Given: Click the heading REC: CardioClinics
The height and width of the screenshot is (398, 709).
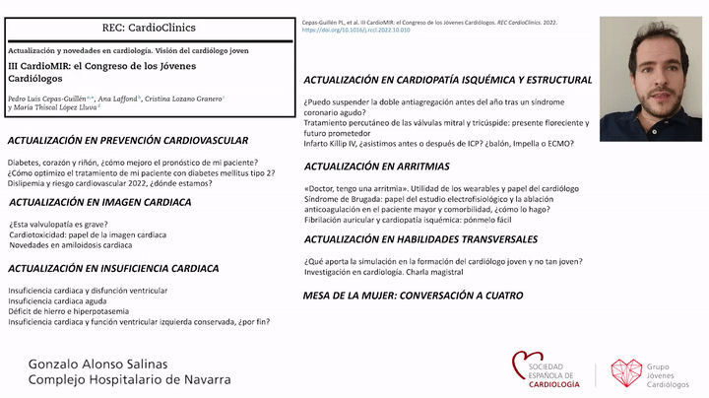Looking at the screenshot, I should click(x=148, y=28).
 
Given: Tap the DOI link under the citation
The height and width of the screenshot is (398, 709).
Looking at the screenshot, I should click(x=355, y=31).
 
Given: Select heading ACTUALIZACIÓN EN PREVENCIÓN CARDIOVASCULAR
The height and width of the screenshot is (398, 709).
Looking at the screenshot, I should click(x=127, y=140).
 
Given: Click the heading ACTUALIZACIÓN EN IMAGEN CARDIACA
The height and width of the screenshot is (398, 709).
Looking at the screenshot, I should click(x=99, y=202).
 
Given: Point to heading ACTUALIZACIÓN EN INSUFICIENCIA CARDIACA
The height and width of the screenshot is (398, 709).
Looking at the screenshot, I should click(x=113, y=268).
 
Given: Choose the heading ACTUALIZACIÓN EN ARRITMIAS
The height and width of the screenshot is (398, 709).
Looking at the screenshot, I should click(x=376, y=166).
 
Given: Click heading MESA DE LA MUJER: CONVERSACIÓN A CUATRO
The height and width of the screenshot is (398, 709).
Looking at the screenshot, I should click(x=413, y=296).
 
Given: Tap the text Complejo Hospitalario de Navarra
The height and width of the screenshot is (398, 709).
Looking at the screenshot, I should click(x=130, y=379).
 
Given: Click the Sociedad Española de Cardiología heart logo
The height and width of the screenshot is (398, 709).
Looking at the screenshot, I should click(x=527, y=366).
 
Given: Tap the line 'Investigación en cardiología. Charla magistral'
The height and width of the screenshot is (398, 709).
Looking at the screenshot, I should click(x=382, y=272).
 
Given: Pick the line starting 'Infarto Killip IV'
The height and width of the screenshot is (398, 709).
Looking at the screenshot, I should click(x=439, y=143).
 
